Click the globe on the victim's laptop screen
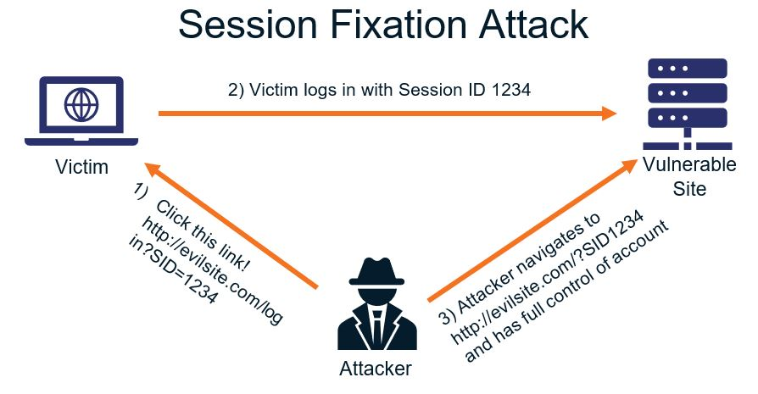tap(81, 107)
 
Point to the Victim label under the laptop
tap(81, 167)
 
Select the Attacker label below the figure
tap(375, 369)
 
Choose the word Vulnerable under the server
tap(688, 164)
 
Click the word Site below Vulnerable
tap(689, 188)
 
